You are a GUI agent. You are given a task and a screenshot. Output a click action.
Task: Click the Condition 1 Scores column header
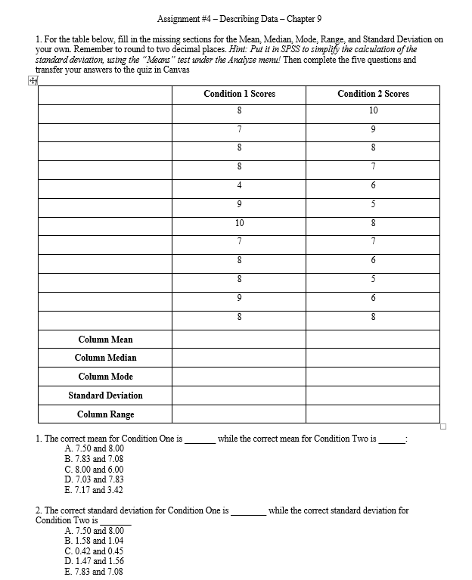pyautogui.click(x=239, y=94)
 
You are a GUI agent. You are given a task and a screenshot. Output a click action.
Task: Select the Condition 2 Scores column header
pyautogui.click(x=373, y=94)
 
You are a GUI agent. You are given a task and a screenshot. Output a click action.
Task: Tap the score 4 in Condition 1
pyautogui.click(x=239, y=185)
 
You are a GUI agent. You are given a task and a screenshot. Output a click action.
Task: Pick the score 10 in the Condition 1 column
pyautogui.click(x=239, y=222)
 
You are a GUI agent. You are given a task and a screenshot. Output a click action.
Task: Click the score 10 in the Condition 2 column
pyautogui.click(x=373, y=110)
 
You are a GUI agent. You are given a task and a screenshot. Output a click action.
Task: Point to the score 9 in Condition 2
pyautogui.click(x=373, y=129)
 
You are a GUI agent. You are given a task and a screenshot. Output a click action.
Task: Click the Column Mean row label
pyautogui.click(x=105, y=340)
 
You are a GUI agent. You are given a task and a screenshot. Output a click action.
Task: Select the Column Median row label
pyautogui.click(x=105, y=358)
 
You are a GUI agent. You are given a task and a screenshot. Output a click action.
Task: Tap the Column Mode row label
pyautogui.click(x=105, y=377)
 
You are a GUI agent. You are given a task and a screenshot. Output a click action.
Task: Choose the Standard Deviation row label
pyautogui.click(x=105, y=395)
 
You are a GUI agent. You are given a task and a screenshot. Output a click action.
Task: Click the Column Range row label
pyautogui.click(x=105, y=414)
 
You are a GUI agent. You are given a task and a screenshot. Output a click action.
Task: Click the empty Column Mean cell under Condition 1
pyautogui.click(x=239, y=340)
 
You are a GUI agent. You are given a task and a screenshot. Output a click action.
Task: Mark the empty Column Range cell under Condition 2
pyautogui.click(x=373, y=414)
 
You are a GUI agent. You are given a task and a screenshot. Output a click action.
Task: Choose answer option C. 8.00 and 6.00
pyautogui.click(x=95, y=469)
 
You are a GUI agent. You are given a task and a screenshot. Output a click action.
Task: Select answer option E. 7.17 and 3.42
pyautogui.click(x=95, y=490)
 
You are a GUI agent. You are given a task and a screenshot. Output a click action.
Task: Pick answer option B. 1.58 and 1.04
pyautogui.click(x=95, y=541)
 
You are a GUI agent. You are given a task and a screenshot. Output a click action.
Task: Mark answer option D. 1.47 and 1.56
pyautogui.click(x=95, y=561)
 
